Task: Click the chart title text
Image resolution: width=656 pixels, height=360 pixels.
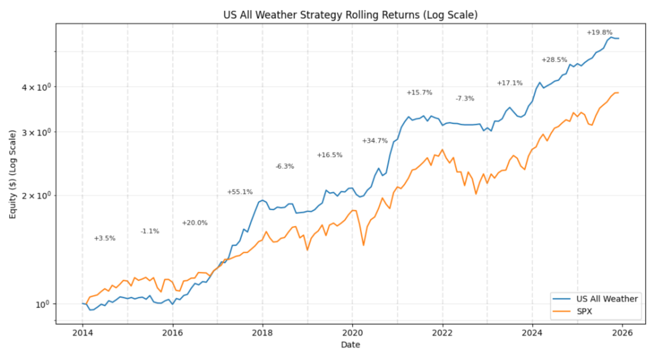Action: [350, 15]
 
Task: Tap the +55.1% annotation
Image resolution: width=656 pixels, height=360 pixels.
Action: [240, 192]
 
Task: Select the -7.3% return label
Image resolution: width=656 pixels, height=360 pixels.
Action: [465, 98]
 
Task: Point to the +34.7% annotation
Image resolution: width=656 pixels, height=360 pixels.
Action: [375, 141]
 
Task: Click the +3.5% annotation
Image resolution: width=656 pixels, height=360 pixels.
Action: [104, 238]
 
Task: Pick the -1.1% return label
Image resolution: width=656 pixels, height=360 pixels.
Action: [150, 231]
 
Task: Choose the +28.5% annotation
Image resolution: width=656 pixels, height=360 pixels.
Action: [554, 60]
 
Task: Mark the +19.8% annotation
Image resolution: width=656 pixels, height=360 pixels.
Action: [599, 32]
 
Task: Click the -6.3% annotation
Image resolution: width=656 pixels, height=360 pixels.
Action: [285, 166]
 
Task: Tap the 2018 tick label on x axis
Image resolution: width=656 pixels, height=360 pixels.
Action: [263, 333]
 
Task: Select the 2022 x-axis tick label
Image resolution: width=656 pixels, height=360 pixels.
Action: [442, 333]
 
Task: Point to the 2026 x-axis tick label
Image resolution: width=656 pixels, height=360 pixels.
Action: [622, 333]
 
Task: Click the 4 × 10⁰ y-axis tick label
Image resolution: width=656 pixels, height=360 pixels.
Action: [37, 87]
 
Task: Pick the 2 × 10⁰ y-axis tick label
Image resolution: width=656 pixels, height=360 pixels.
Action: [37, 196]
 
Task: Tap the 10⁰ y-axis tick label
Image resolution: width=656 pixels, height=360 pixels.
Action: [43, 304]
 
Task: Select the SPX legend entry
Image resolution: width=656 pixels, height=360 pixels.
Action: [584, 311]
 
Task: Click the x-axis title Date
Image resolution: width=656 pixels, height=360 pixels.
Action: [350, 345]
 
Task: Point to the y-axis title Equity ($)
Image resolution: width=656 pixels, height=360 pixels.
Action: [12, 174]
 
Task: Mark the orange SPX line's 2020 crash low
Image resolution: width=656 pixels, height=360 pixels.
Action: [363, 245]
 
